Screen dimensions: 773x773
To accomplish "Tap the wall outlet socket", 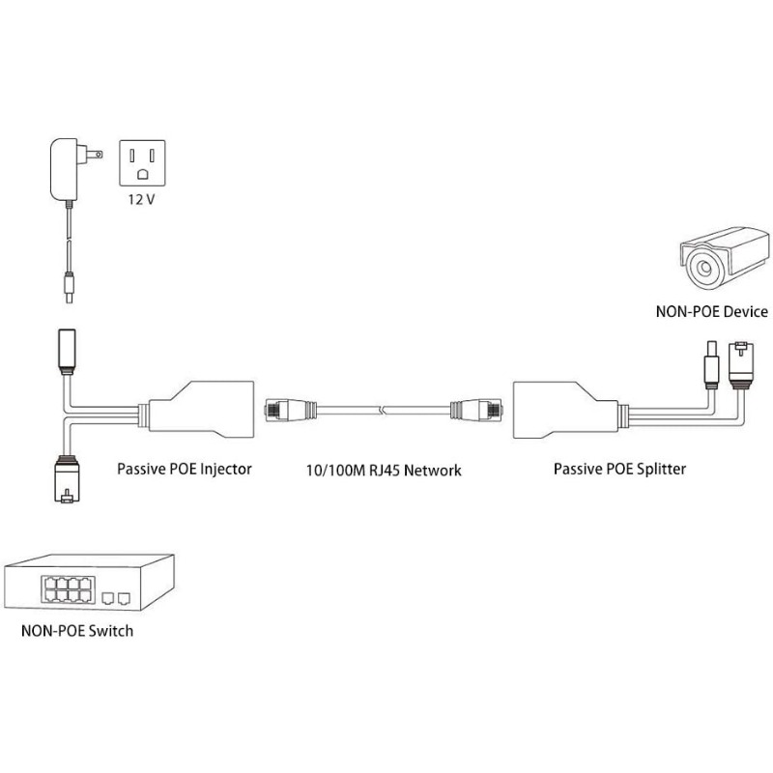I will point(142,161).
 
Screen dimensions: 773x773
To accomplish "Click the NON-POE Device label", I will point(710,311).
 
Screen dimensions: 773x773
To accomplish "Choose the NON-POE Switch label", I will point(76,632).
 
